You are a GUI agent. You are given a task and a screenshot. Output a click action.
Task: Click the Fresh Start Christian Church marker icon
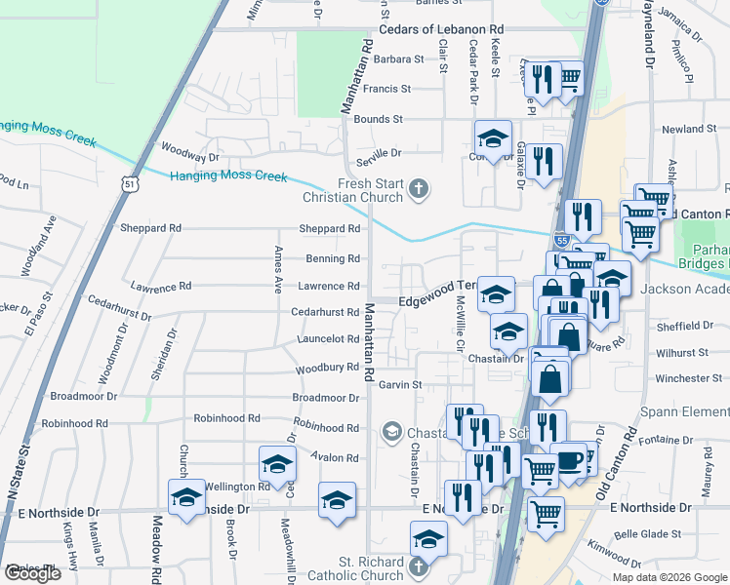tap(420, 189)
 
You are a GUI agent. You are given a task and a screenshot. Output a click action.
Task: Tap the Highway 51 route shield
tap(131, 183)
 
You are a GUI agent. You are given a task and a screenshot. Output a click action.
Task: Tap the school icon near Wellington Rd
tap(277, 465)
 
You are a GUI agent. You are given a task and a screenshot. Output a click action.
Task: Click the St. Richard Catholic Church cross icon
tap(418, 566)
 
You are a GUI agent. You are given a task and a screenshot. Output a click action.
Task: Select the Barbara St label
tap(391, 58)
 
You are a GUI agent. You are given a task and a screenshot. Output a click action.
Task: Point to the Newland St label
tap(689, 129)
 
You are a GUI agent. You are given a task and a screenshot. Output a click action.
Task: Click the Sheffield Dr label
tap(692, 326)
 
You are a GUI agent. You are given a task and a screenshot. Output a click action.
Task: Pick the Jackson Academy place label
tap(684, 290)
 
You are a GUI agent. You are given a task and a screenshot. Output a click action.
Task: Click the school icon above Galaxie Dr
tap(494, 138)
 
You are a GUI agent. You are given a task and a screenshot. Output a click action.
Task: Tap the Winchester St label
tap(689, 378)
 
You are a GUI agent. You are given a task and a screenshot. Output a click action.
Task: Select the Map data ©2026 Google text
tap(669, 577)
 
